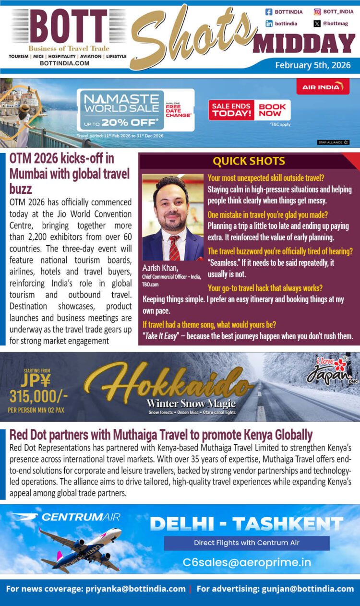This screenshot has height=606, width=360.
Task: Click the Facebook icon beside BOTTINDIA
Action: [x=269, y=12]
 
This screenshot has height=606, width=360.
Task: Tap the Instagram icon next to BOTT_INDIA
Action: [x=317, y=12]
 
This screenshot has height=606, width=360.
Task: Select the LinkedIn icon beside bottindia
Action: [x=269, y=23]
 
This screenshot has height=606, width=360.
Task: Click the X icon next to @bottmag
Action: [x=317, y=23]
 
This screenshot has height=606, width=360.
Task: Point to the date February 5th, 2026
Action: [x=312, y=65]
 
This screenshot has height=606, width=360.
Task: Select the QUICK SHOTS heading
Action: [x=249, y=161]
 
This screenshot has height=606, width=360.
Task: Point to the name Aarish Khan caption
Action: [x=160, y=268]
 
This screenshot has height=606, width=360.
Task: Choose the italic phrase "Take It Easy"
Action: [x=163, y=335]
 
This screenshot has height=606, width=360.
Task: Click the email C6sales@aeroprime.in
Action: [x=247, y=562]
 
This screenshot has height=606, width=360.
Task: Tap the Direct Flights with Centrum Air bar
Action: [x=247, y=543]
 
